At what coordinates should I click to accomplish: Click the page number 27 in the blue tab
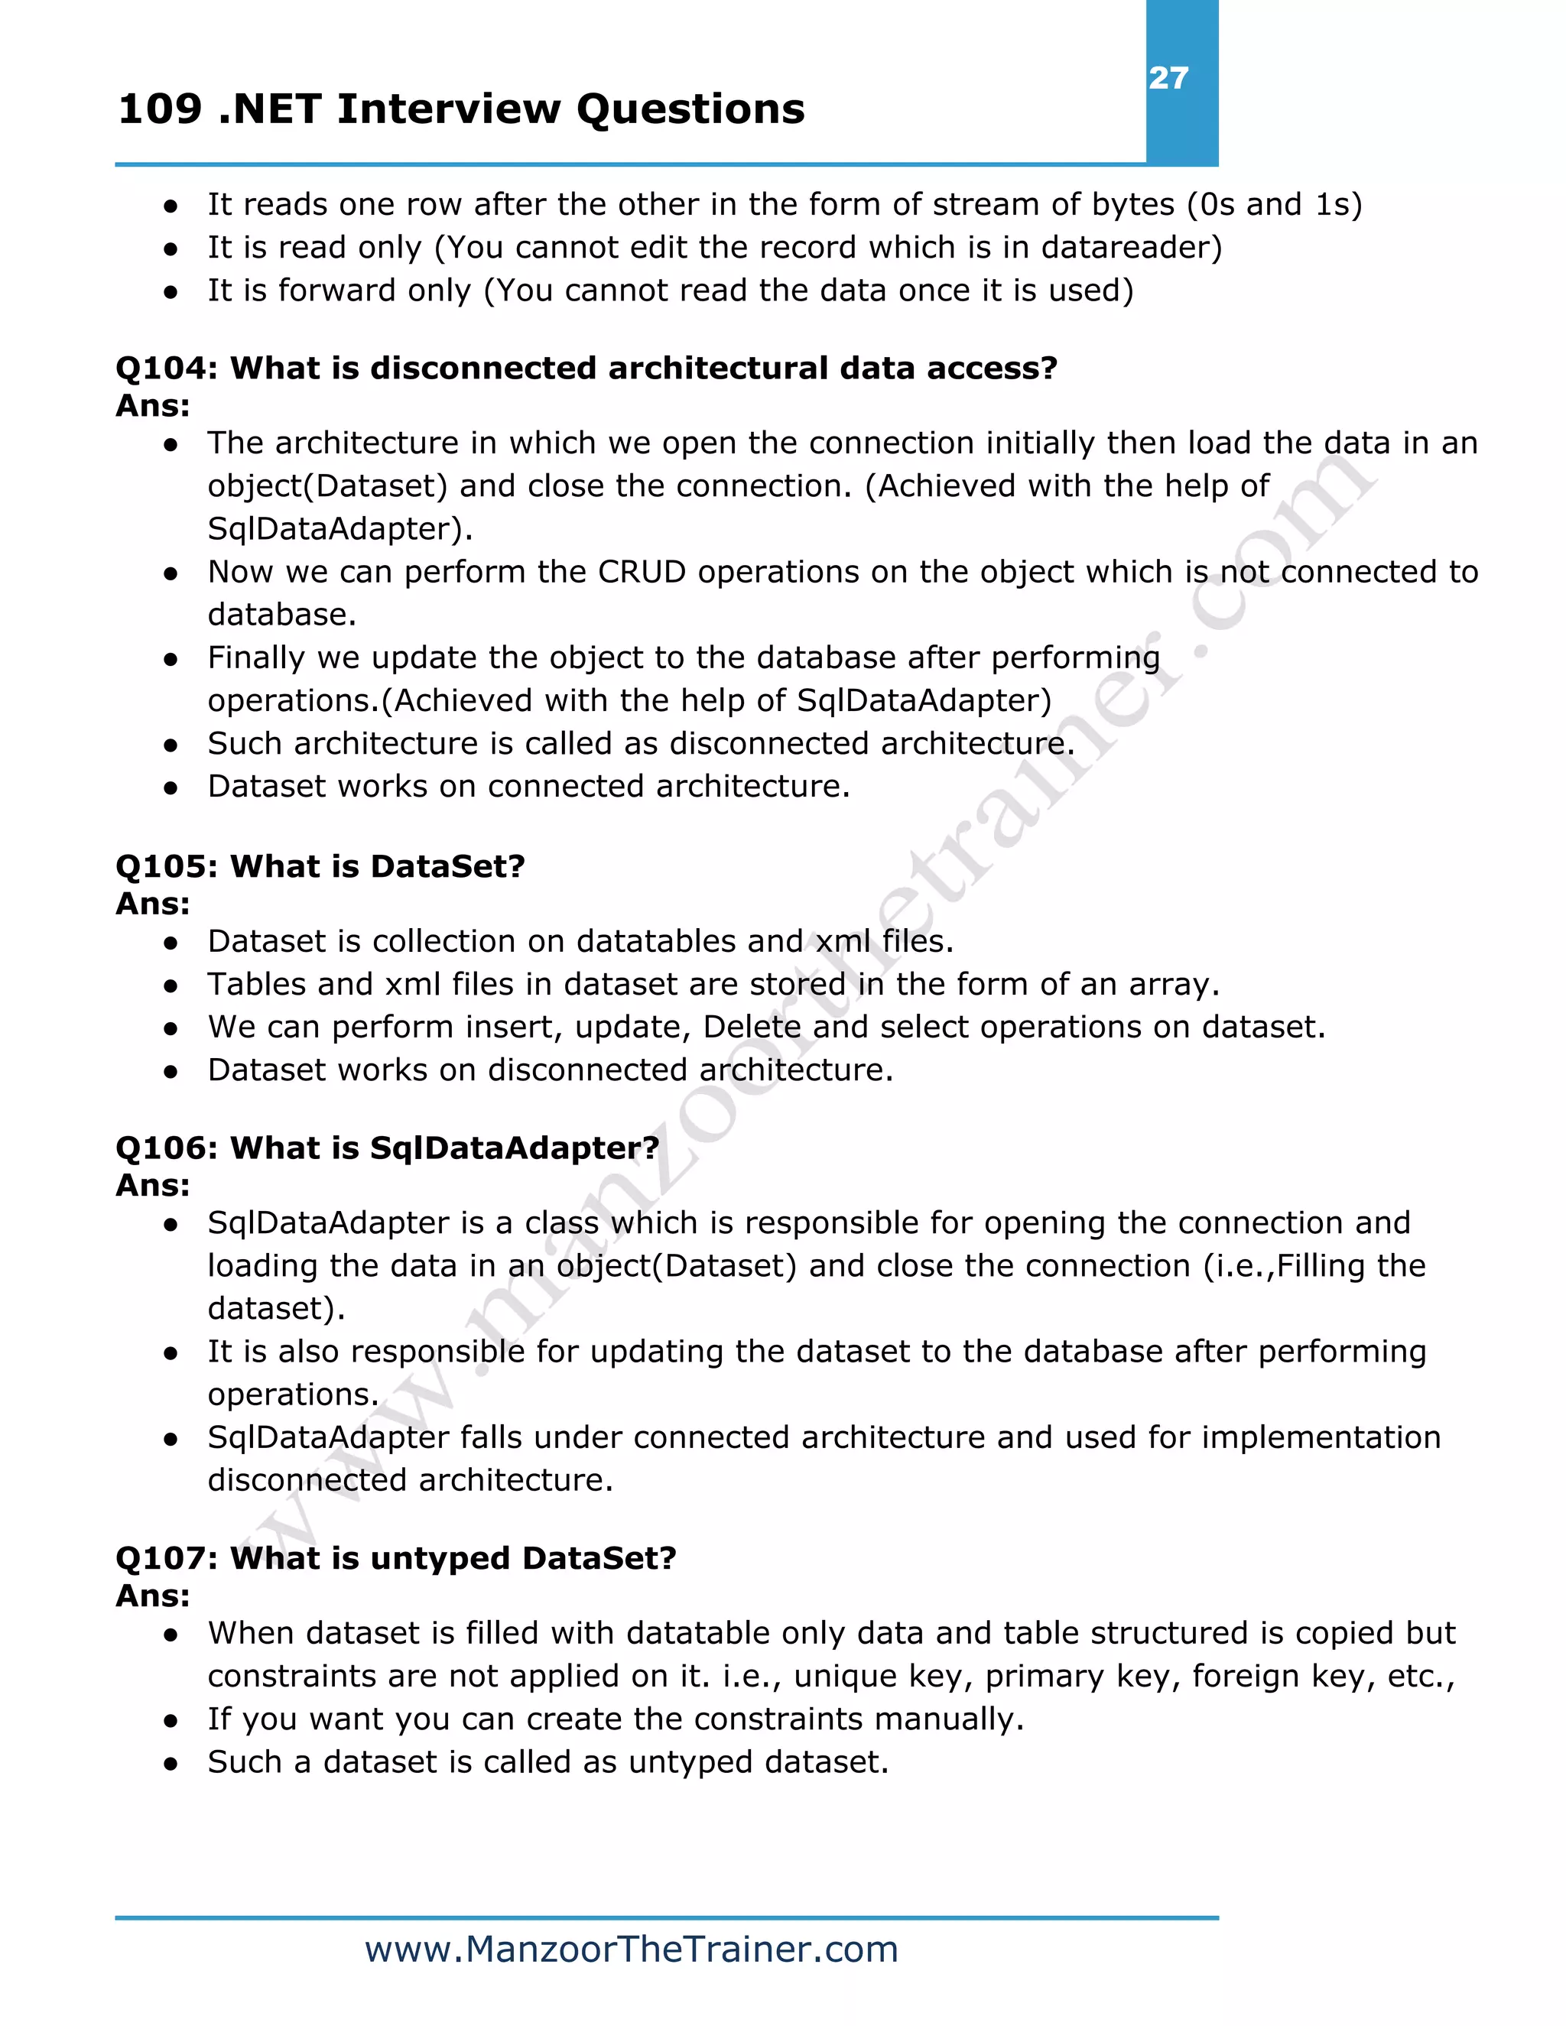point(1168,78)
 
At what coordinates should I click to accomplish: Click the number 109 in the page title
point(160,109)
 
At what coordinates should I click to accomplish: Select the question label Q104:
point(166,369)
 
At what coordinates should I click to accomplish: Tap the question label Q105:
point(166,866)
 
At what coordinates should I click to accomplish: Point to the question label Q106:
point(166,1148)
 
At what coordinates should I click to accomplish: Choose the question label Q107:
point(166,1558)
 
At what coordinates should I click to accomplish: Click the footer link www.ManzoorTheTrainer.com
point(631,1950)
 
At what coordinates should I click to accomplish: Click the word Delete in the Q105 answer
point(752,1028)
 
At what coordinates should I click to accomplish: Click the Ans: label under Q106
point(153,1186)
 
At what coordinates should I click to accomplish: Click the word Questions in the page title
point(690,109)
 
